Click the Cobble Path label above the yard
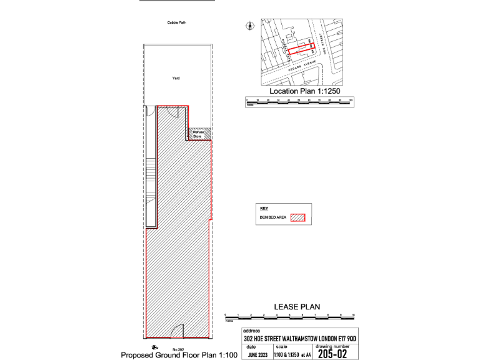pyautogui.click(x=177, y=22)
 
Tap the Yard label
pyautogui.click(x=176, y=79)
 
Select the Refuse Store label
pyautogui.click(x=198, y=134)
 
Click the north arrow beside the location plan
pyautogui.click(x=250, y=26)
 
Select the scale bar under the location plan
pyautogui.click(x=300, y=101)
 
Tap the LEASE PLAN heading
pyautogui.click(x=297, y=306)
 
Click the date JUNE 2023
pyautogui.click(x=257, y=354)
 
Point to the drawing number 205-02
pyautogui.click(x=333, y=354)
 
